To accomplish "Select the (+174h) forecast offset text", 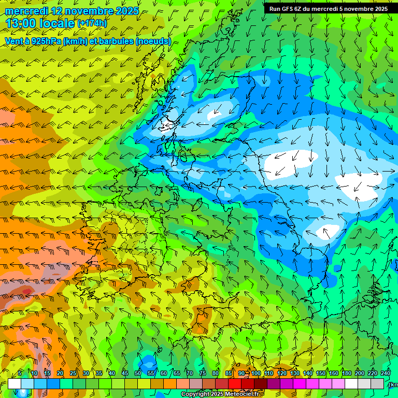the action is coord(92,23).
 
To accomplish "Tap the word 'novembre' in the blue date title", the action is coord(91,10).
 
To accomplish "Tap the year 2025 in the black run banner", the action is coord(379,8).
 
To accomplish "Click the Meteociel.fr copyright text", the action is coord(220,394).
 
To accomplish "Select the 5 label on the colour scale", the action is coord(20,373).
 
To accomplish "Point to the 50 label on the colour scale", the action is coord(138,373).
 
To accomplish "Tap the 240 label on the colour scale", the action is coord(386,373).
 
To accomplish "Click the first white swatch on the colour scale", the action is coord(15,383).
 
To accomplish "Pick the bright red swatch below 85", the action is coord(235,383).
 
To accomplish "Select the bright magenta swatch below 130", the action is coord(300,383).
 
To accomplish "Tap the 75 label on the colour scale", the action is coord(203,373).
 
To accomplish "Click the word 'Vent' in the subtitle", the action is coord(14,41).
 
